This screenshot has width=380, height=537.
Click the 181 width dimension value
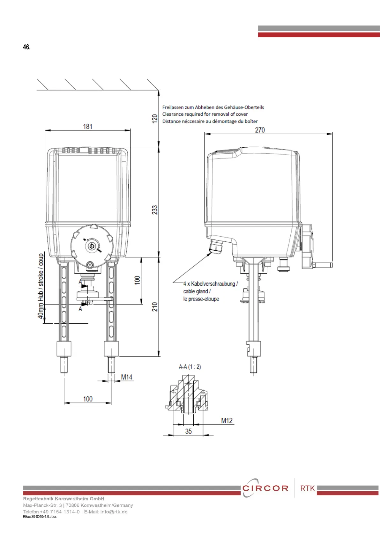tap(88, 127)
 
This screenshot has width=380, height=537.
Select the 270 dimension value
tap(260, 130)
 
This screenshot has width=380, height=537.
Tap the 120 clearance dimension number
tap(155, 119)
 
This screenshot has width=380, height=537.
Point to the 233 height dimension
tap(155, 210)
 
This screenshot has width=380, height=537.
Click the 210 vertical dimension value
tap(155, 307)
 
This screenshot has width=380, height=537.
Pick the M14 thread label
tap(127, 377)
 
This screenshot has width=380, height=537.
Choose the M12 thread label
tap(227, 421)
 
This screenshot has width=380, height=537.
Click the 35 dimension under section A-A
tap(189, 431)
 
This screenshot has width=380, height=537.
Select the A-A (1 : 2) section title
tap(190, 367)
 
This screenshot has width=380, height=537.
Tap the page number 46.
tap(27, 47)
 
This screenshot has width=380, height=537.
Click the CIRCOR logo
tap(265, 488)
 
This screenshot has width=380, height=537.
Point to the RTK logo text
tap(308, 488)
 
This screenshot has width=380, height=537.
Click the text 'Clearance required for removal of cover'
tap(205, 114)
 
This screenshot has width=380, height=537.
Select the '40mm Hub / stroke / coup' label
tap(41, 286)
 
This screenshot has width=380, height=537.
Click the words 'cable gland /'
tap(197, 291)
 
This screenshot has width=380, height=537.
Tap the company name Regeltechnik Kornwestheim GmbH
tap(63, 499)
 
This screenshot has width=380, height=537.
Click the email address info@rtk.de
tap(114, 512)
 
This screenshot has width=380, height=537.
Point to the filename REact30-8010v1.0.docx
tap(40, 517)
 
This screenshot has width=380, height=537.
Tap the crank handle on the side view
tap(322, 265)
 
